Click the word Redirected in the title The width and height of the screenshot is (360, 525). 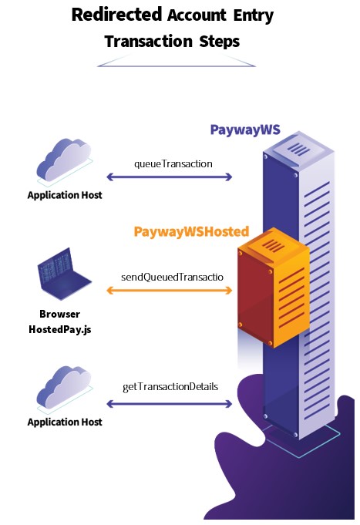pos(116,15)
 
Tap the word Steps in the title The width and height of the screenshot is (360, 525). pos(220,42)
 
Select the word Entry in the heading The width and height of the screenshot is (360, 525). pos(254,15)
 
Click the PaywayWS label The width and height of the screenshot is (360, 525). pos(245,130)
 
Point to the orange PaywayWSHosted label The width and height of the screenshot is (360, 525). pos(191,232)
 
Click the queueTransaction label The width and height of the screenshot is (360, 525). pos(173,163)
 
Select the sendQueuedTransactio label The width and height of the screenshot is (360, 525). pos(172,277)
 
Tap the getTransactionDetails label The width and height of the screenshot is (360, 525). pos(170,387)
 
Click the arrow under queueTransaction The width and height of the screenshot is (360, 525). pos(170,177)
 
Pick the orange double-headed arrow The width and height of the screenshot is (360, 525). pos(170,291)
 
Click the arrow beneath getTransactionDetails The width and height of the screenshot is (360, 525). pos(170,404)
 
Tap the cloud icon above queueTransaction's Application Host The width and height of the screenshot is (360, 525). pos(64,161)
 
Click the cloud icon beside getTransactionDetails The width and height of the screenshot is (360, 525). pos(64,389)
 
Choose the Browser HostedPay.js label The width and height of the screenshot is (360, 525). pos(60,321)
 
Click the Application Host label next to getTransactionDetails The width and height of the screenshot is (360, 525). pos(65,422)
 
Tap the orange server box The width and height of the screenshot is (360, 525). pos(273,288)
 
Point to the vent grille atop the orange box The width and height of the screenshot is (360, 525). pos(273,246)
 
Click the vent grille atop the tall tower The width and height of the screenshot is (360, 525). pos(299,149)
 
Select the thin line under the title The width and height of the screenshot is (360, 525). pos(177,66)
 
